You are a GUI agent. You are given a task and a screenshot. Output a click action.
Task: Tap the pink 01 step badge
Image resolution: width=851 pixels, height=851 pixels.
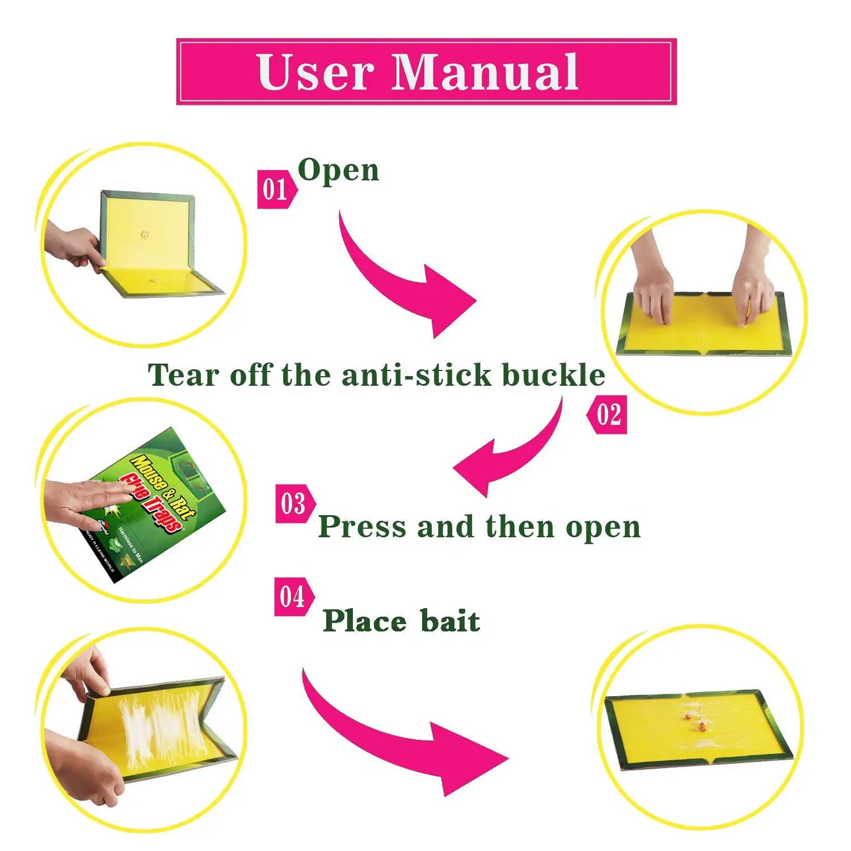pyautogui.click(x=276, y=189)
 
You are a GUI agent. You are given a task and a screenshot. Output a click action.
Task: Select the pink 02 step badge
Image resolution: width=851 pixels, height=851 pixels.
pyautogui.click(x=608, y=415)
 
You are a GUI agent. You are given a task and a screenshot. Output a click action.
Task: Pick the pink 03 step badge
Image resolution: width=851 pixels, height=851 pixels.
pyautogui.click(x=294, y=504)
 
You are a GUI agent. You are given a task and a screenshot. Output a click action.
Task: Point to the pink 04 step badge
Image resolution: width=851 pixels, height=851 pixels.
pyautogui.click(x=293, y=597)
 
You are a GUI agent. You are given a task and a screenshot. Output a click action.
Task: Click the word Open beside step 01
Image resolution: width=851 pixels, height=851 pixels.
pyautogui.click(x=338, y=171)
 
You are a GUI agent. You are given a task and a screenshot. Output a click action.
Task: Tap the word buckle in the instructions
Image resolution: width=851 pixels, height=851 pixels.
pyautogui.click(x=553, y=375)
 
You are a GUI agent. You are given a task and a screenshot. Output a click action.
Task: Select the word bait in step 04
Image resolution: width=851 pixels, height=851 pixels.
pyautogui.click(x=450, y=621)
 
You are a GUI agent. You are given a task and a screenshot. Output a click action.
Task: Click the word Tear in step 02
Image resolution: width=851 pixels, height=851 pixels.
pyautogui.click(x=183, y=375)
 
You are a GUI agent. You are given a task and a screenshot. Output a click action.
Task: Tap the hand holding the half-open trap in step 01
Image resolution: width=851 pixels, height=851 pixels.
pyautogui.click(x=74, y=244)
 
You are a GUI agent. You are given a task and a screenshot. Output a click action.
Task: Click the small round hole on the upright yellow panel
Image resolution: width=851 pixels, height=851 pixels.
pyautogui.click(x=145, y=234)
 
